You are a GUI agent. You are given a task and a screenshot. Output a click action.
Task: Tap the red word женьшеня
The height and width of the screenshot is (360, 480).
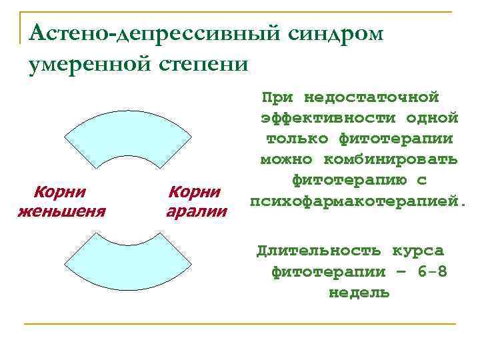(61, 212)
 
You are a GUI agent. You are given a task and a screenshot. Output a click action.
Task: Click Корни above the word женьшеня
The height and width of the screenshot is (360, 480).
(60, 193)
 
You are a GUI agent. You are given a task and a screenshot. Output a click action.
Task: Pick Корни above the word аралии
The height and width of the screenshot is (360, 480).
(195, 193)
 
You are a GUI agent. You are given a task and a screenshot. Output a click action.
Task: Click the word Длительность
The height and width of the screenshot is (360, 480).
(319, 251)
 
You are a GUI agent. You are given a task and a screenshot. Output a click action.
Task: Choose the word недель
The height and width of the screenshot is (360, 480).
(359, 293)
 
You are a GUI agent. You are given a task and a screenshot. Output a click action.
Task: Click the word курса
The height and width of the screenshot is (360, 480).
(417, 251)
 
